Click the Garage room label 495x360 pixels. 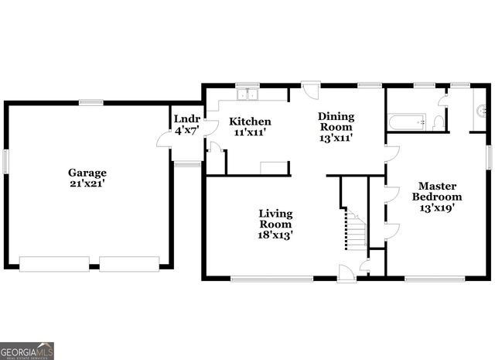(x=87, y=173)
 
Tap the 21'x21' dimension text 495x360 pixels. (x=87, y=184)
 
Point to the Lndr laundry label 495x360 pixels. (x=187, y=119)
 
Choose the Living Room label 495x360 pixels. (x=275, y=218)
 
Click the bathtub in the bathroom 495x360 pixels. (x=407, y=122)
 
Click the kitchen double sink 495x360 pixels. (x=248, y=95)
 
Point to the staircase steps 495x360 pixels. (x=354, y=228)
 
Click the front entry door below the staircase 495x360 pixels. (x=347, y=272)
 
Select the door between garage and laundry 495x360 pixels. (x=165, y=139)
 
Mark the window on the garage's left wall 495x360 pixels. (x=5, y=162)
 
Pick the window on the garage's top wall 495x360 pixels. (x=91, y=102)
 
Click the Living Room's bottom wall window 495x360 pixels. (x=271, y=278)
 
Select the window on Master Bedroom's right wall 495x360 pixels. (x=489, y=155)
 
